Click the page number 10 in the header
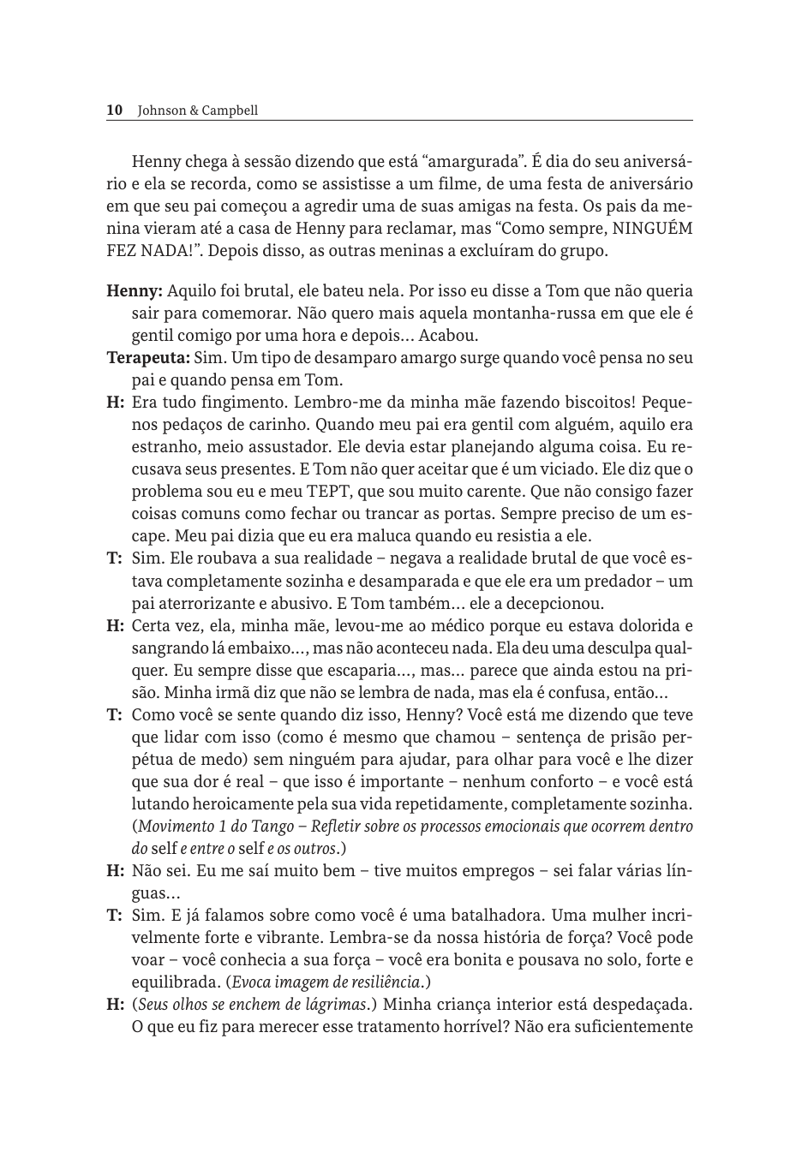114,110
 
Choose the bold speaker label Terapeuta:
147,357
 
